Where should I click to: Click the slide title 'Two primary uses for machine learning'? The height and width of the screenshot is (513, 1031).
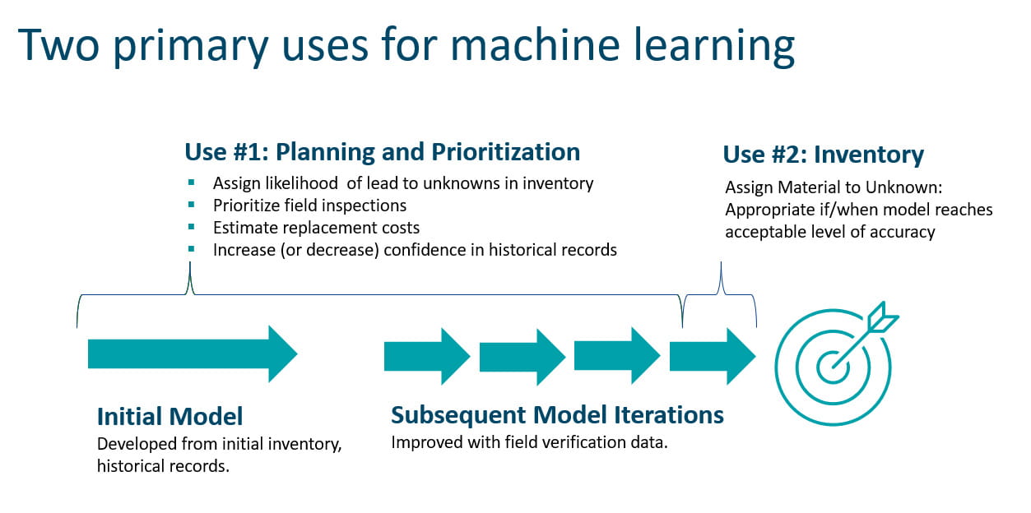(406, 46)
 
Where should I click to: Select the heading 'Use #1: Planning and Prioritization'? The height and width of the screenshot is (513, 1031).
(382, 152)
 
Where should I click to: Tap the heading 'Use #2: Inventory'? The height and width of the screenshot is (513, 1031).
(823, 155)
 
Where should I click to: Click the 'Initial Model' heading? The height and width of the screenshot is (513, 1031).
(170, 415)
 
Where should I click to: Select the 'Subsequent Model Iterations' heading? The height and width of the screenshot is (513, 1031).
(557, 414)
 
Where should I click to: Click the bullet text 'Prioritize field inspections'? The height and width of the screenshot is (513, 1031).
(309, 206)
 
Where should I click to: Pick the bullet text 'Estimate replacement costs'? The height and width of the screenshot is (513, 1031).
(316, 228)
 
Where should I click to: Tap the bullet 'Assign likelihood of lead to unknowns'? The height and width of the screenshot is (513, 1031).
(402, 183)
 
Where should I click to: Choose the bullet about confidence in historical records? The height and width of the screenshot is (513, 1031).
(414, 250)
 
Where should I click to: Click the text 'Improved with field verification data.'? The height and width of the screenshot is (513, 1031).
(529, 442)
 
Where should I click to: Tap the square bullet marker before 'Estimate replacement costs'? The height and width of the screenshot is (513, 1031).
(192, 226)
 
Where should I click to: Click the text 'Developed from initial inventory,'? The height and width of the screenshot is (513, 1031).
(219, 444)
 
